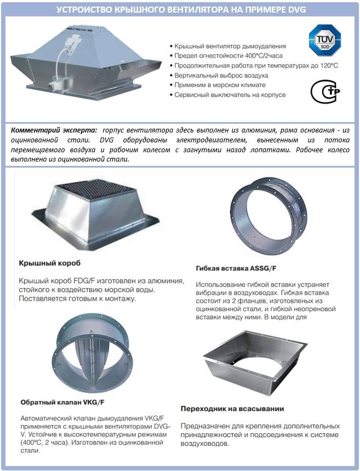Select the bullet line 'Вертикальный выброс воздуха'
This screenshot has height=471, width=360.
[221, 75]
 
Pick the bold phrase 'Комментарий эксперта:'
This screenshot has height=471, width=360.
[54, 129]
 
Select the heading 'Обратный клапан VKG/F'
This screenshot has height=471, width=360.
[55, 401]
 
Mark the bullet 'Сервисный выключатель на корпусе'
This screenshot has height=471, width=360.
[230, 95]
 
